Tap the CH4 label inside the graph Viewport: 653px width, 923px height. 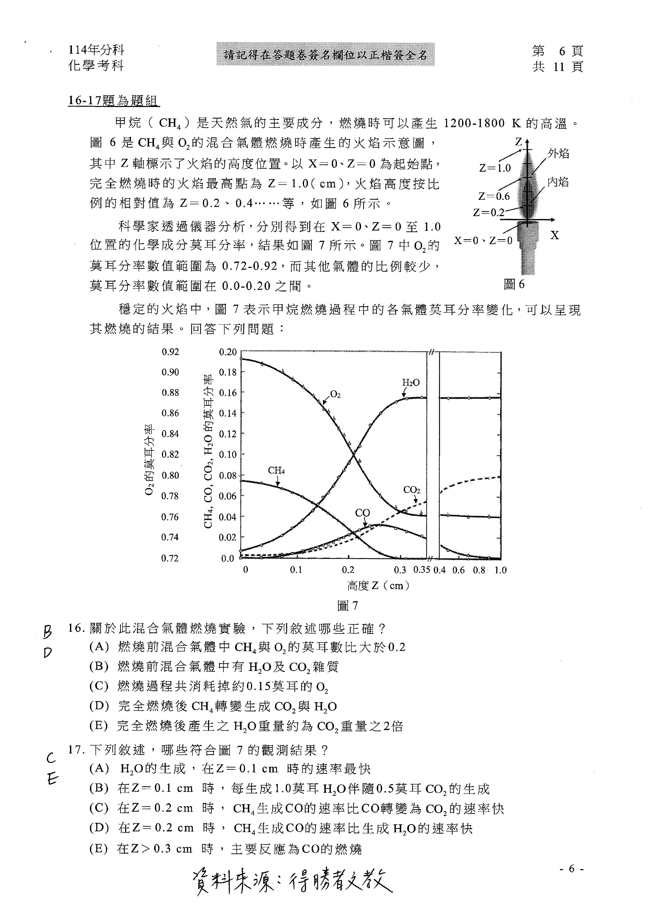pyautogui.click(x=276, y=470)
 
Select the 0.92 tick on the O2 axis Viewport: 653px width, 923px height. pyautogui.click(x=170, y=352)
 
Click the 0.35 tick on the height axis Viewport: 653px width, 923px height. pyautogui.click(x=422, y=570)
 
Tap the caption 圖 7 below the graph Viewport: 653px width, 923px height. pyautogui.click(x=348, y=605)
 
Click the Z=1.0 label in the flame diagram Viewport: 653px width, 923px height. pyautogui.click(x=495, y=168)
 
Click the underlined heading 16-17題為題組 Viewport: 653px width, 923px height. pyautogui.click(x=113, y=100)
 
